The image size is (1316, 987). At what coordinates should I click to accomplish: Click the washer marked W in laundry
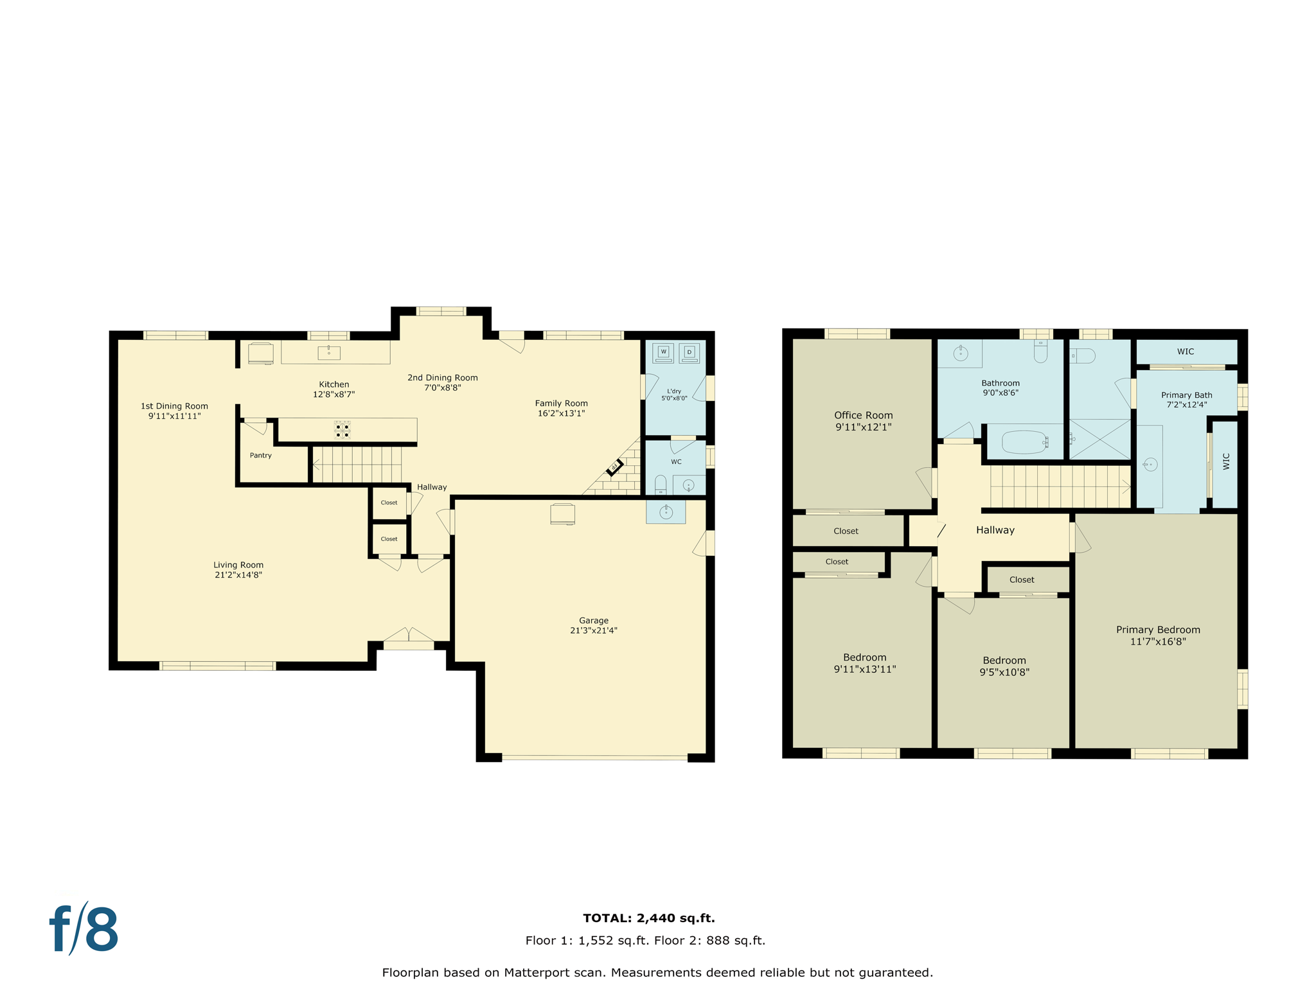click(663, 352)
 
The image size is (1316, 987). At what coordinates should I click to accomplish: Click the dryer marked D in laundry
click(689, 352)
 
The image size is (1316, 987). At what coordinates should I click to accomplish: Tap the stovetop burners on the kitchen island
click(342, 430)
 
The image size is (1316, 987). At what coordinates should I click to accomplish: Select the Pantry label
click(260, 455)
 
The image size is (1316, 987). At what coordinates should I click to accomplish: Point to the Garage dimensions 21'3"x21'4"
click(593, 630)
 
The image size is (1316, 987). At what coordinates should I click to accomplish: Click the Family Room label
click(561, 403)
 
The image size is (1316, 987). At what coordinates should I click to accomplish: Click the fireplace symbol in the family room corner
click(614, 467)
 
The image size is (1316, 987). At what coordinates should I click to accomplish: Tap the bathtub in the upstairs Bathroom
click(1024, 442)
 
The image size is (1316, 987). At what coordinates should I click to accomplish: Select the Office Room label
click(863, 415)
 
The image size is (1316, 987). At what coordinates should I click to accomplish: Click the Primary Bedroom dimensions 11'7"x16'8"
click(1157, 641)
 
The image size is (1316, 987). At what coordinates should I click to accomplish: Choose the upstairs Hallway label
click(995, 530)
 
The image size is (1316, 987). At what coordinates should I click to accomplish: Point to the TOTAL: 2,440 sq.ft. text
click(648, 918)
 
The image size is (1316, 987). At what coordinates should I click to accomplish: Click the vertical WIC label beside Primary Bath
click(1225, 461)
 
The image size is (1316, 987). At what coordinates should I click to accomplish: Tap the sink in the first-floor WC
click(688, 485)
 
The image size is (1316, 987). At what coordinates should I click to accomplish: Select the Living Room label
click(238, 565)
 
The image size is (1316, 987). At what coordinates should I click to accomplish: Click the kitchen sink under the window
click(328, 352)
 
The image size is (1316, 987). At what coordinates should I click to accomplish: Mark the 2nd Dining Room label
click(442, 377)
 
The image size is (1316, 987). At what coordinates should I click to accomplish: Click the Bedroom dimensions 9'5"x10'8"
click(1004, 672)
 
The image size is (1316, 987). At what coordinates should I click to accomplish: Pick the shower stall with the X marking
click(1099, 439)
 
